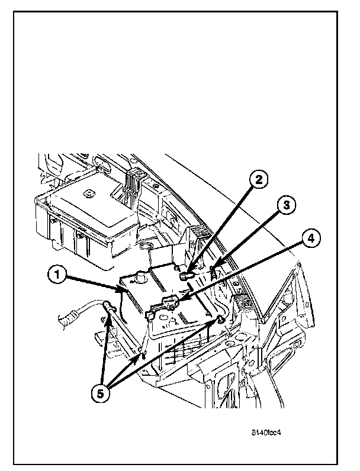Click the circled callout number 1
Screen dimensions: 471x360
pos(57,274)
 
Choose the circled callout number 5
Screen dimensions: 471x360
pos(102,393)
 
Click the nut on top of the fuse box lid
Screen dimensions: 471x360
pos(88,192)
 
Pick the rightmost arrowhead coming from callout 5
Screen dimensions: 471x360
pos(217,322)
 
